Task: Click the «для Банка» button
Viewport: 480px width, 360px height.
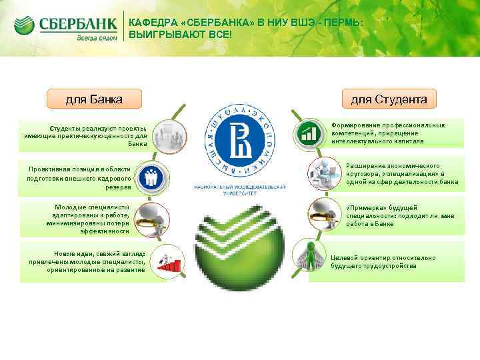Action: pyautogui.click(x=93, y=99)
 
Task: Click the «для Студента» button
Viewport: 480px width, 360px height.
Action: pyautogui.click(x=389, y=99)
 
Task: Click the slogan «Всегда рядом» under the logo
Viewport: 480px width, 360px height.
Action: pyautogui.click(x=96, y=38)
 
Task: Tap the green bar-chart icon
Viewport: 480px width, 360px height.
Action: pyautogui.click(x=308, y=133)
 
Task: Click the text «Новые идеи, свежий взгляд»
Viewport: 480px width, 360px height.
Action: pyautogui.click(x=87, y=261)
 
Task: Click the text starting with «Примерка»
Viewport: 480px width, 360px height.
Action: pyautogui.click(x=400, y=216)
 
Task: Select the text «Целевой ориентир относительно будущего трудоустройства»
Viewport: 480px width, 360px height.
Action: pyautogui.click(x=383, y=261)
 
